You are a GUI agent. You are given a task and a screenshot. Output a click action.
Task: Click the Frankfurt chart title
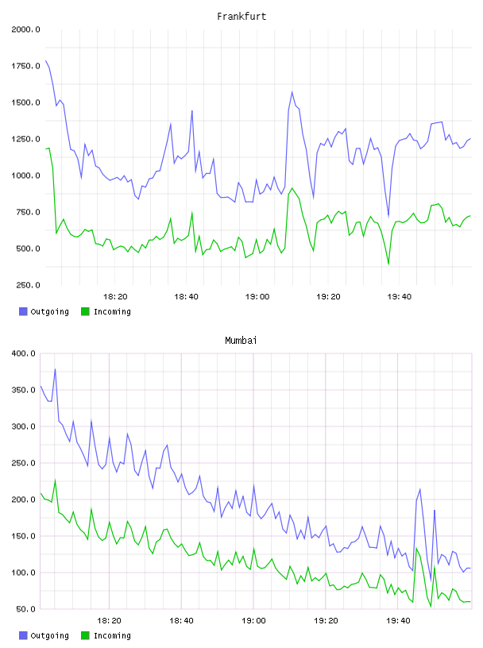[x=241, y=17]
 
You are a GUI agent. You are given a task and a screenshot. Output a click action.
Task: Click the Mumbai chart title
[x=241, y=341]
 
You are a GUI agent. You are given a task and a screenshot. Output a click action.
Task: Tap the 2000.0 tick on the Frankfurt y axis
[x=25, y=29]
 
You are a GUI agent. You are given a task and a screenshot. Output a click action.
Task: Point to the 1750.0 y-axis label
[x=25, y=66]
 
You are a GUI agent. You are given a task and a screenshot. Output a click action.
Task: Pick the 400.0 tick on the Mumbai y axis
[x=24, y=353]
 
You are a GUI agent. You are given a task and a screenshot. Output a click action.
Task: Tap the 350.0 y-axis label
[x=24, y=390]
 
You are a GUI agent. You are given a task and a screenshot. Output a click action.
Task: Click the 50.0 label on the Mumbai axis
[x=25, y=609]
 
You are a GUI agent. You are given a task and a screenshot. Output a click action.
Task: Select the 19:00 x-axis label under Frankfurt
[x=257, y=297]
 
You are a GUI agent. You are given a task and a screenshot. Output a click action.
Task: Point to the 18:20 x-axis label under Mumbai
[x=109, y=621]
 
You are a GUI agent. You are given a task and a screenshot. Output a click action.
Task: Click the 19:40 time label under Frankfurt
[x=400, y=297]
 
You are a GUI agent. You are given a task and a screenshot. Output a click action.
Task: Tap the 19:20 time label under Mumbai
[x=326, y=621]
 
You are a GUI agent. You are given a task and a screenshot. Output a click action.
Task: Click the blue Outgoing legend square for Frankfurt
[x=23, y=311]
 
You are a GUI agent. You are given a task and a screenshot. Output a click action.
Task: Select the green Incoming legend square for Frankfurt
[x=85, y=311]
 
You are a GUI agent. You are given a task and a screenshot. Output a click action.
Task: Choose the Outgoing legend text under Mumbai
[x=49, y=635]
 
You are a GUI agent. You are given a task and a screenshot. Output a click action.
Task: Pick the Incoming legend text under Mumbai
[x=112, y=635]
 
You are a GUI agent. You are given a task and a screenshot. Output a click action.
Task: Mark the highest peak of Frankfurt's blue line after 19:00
[x=292, y=92]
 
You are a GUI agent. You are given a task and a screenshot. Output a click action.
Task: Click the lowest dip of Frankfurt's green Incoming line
[x=388, y=264]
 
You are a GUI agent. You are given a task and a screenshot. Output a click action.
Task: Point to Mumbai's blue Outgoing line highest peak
[x=55, y=369]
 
